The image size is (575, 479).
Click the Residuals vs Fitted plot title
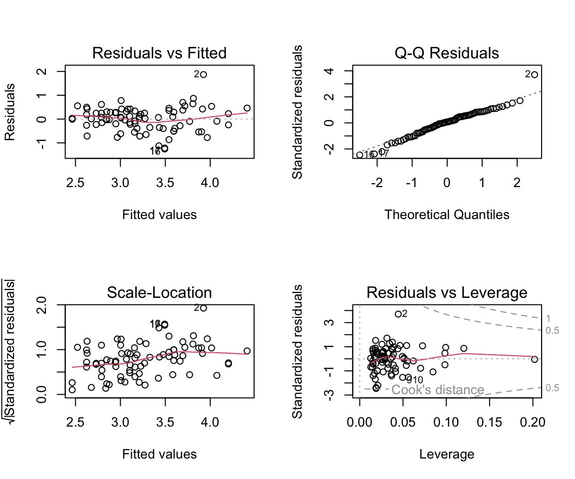(159, 53)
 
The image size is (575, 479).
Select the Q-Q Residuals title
(447, 53)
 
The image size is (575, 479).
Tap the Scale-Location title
(159, 292)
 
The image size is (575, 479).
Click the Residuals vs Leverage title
(447, 292)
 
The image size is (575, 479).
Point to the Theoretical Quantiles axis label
(447, 215)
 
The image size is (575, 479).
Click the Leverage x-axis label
(447, 454)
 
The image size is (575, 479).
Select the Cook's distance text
(438, 390)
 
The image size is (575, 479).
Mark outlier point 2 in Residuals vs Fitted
(203, 74)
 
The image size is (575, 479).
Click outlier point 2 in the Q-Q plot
(535, 74)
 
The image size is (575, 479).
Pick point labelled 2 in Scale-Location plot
(203, 308)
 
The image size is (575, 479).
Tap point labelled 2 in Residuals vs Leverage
(398, 314)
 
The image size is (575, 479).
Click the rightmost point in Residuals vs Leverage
(535, 359)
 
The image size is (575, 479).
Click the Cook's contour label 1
(548, 318)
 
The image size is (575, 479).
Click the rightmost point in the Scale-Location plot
(247, 351)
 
